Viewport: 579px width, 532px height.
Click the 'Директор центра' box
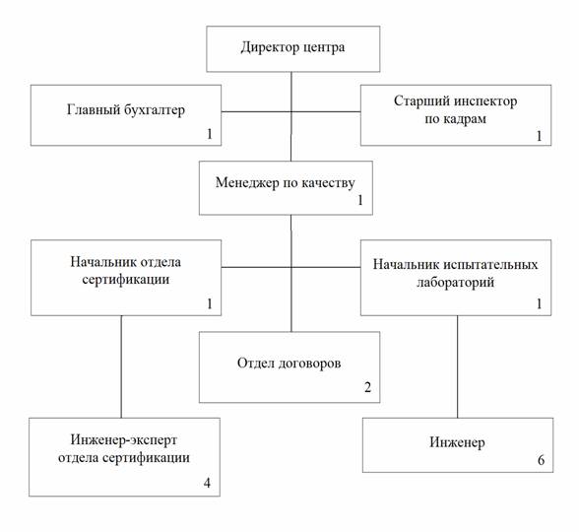pyautogui.click(x=293, y=49)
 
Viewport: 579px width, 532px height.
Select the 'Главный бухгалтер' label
pyautogui.click(x=126, y=110)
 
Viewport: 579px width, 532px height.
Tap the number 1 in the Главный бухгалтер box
pyautogui.click(x=210, y=134)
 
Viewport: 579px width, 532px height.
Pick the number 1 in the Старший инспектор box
pyautogui.click(x=540, y=136)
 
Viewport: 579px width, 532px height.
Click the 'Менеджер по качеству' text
pyautogui.click(x=286, y=183)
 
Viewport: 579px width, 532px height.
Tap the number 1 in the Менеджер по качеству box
pyautogui.click(x=360, y=200)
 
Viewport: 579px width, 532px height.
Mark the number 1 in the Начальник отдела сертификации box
pyautogui.click(x=210, y=303)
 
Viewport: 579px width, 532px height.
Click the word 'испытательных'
pyautogui.click(x=490, y=264)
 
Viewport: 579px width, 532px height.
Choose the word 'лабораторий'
pyautogui.click(x=456, y=282)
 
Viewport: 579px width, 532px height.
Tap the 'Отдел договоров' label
pyautogui.click(x=289, y=364)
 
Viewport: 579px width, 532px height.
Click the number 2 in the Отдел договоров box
pyautogui.click(x=367, y=387)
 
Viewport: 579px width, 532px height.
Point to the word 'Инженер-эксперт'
pyautogui.click(x=124, y=440)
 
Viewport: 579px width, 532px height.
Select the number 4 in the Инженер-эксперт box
pyautogui.click(x=207, y=483)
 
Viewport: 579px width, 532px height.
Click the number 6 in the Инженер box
pyautogui.click(x=541, y=460)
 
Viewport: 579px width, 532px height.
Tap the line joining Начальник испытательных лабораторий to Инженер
pyautogui.click(x=458, y=366)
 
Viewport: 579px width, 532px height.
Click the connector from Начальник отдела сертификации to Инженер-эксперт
pyautogui.click(x=121, y=366)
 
